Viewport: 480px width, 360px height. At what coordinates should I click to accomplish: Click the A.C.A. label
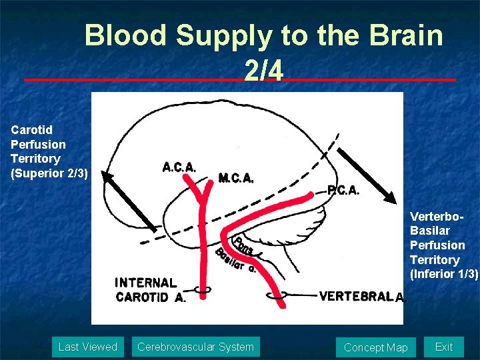tap(179, 167)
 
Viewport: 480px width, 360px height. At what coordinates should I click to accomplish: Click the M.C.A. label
tap(236, 178)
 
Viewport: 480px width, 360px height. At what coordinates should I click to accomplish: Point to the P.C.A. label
tap(343, 190)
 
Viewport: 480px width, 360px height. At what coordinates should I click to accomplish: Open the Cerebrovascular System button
tap(195, 347)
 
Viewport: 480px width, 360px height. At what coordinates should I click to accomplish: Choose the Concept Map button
tap(375, 347)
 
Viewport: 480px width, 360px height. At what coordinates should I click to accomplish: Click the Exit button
tap(443, 347)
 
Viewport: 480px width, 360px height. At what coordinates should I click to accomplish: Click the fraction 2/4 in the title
tap(263, 70)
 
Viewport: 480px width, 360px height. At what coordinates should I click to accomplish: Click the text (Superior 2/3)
tap(49, 173)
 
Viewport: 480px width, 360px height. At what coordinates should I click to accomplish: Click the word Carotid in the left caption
tap(31, 129)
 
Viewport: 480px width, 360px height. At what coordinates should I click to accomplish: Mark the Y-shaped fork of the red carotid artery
tap(199, 200)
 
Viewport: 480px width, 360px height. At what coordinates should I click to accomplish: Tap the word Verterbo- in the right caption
tap(436, 217)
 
